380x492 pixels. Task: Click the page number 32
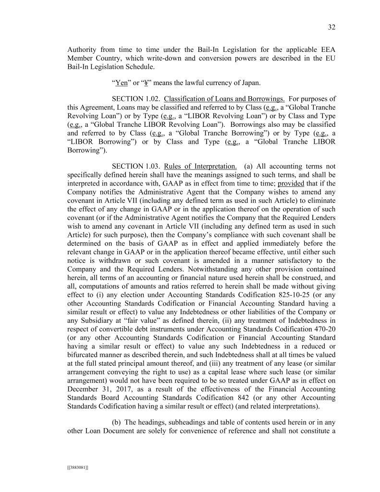click(x=331, y=27)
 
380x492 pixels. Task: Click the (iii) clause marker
click(x=229, y=354)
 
